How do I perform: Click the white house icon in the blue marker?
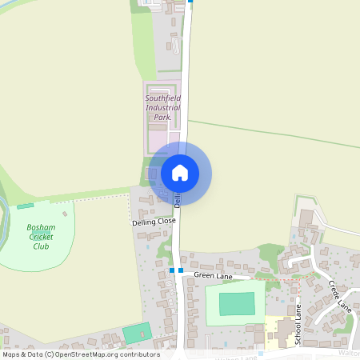point(180,173)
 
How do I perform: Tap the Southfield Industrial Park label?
point(163,107)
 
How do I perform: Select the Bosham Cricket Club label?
point(41,236)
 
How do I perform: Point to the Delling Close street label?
point(154,221)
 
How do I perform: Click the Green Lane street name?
point(213,275)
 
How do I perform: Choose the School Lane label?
point(297,324)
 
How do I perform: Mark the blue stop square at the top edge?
point(190,2)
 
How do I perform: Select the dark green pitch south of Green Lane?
point(237,303)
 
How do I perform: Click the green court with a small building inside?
point(136,332)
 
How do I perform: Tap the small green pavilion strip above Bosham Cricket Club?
point(25,206)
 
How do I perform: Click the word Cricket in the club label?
point(41,237)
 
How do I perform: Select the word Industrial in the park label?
point(163,107)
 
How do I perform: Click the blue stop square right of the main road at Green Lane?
point(181,270)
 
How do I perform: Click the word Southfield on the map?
point(163,98)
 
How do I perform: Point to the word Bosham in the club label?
point(41,227)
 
